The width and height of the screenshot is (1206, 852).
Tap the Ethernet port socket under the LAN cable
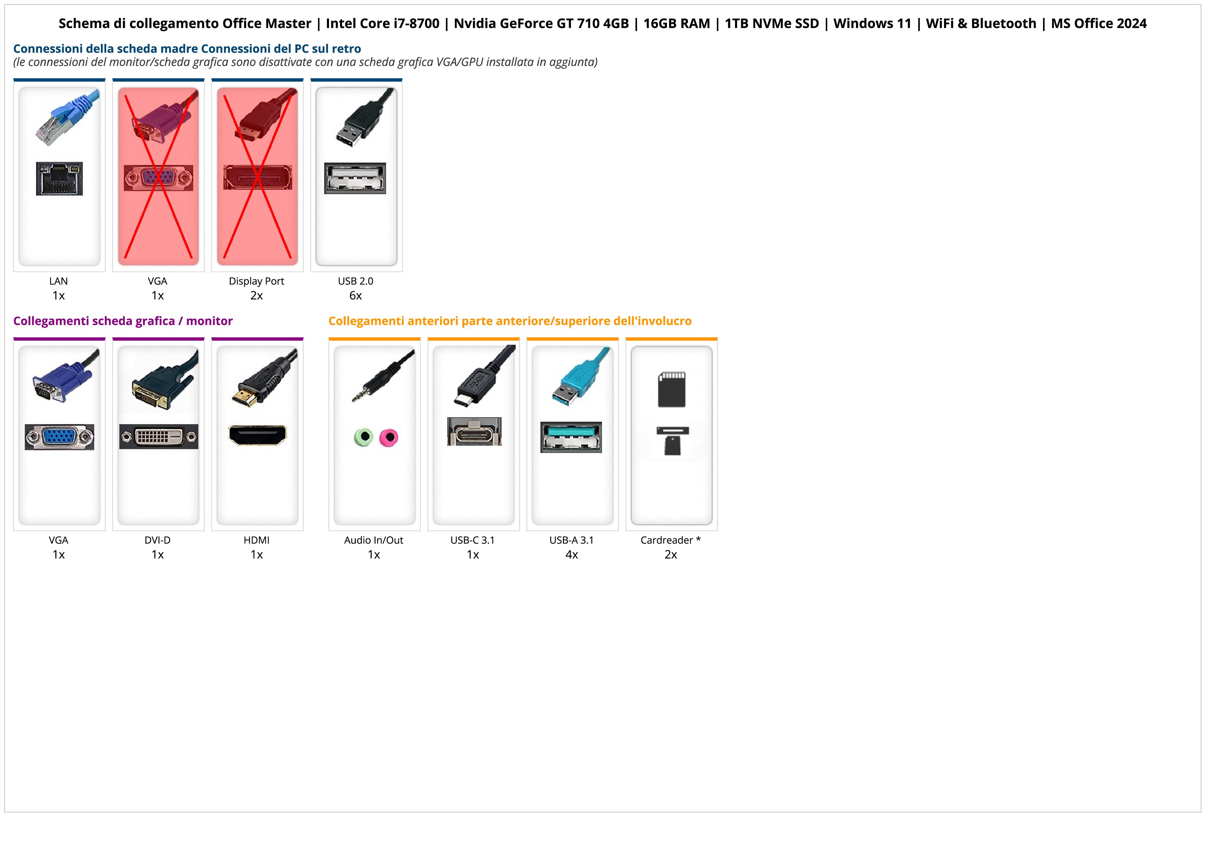[x=59, y=179]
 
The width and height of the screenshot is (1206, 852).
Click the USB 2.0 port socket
[x=355, y=178]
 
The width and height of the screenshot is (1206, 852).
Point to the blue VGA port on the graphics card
[x=59, y=437]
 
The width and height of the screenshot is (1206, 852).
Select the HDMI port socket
[x=257, y=435]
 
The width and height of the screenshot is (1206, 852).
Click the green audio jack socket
[x=363, y=437]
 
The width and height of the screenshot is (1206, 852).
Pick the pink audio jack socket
[x=389, y=437]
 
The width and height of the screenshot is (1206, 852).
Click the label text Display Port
[x=256, y=281]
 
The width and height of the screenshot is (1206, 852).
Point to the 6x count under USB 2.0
[x=355, y=296]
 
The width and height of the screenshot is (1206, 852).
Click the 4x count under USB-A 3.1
[x=571, y=555]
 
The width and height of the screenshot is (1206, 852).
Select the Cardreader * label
[x=671, y=540]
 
